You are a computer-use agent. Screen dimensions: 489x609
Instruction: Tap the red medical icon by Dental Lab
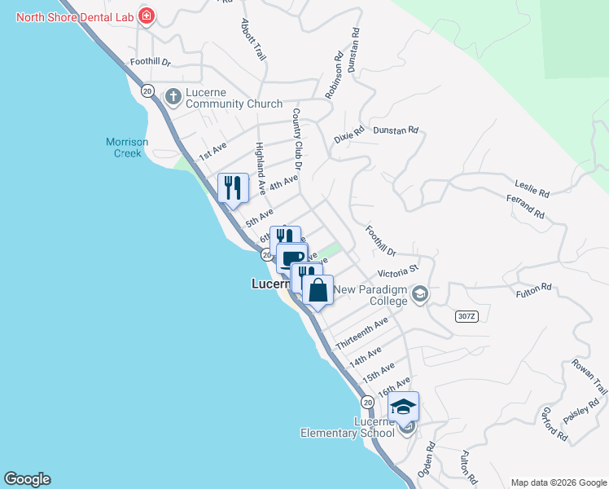pyautogui.click(x=146, y=15)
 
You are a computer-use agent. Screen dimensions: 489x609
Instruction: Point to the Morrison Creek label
pyautogui.click(x=127, y=147)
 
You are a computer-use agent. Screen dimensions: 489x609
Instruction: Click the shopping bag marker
pyautogui.click(x=318, y=290)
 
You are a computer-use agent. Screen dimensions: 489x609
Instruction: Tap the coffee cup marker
pyautogui.click(x=291, y=258)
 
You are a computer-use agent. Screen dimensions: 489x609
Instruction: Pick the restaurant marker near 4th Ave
pyautogui.click(x=232, y=188)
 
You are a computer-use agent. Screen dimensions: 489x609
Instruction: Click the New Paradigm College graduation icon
pyautogui.click(x=420, y=293)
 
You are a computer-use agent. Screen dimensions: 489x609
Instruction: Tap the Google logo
pyautogui.click(x=27, y=479)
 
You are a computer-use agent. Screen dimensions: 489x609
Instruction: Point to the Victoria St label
pyautogui.click(x=397, y=270)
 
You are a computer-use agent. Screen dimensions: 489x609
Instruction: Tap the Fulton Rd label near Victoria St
pyautogui.click(x=534, y=288)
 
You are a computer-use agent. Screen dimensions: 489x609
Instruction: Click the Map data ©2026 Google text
pyautogui.click(x=558, y=482)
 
